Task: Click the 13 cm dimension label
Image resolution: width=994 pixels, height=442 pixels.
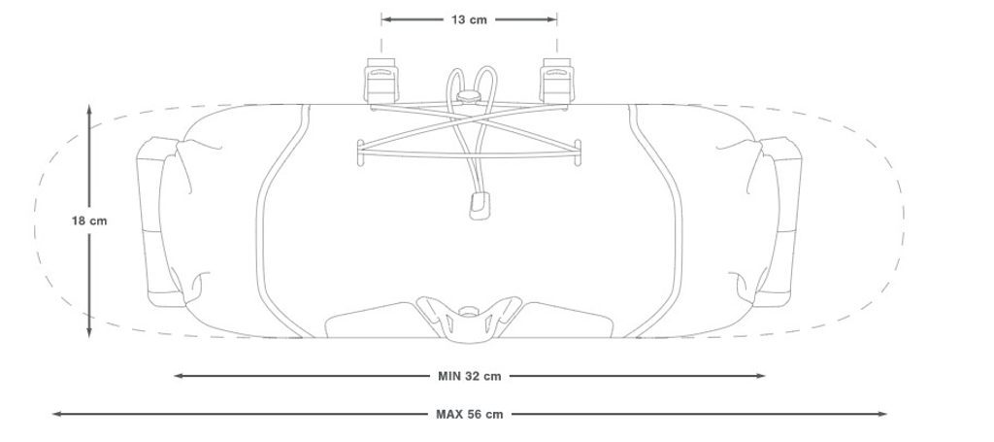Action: point(469,19)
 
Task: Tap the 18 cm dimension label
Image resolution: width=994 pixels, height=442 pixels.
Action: point(89,221)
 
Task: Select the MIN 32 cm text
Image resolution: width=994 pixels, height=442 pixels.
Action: point(470,376)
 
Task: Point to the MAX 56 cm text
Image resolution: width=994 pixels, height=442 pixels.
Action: point(470,414)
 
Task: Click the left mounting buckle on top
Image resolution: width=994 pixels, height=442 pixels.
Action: point(381,81)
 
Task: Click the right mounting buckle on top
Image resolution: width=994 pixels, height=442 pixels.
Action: point(557,81)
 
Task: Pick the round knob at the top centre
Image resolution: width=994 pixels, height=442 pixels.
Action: point(469,97)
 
